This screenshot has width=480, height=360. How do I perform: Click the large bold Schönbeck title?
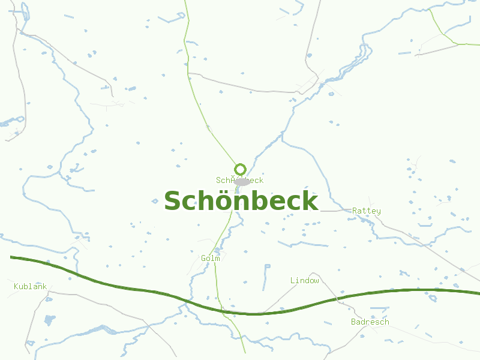coord(241,201)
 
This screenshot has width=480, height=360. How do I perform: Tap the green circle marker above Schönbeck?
coord(241,169)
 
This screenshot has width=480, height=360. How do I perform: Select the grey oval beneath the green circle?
coord(242,181)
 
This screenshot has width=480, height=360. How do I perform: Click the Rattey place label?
coord(366,211)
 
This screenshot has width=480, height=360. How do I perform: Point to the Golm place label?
coord(211,259)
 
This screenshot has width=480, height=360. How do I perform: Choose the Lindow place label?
coord(305,281)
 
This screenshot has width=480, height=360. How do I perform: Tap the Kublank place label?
coord(30,287)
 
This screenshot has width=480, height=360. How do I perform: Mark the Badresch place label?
coord(370,322)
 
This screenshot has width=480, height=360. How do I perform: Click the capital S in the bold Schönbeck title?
coord(173,201)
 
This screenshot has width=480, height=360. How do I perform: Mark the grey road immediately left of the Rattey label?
coord(336,211)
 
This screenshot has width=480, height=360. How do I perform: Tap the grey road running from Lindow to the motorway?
coord(282,298)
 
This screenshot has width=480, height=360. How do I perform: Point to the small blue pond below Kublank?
coord(50,319)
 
